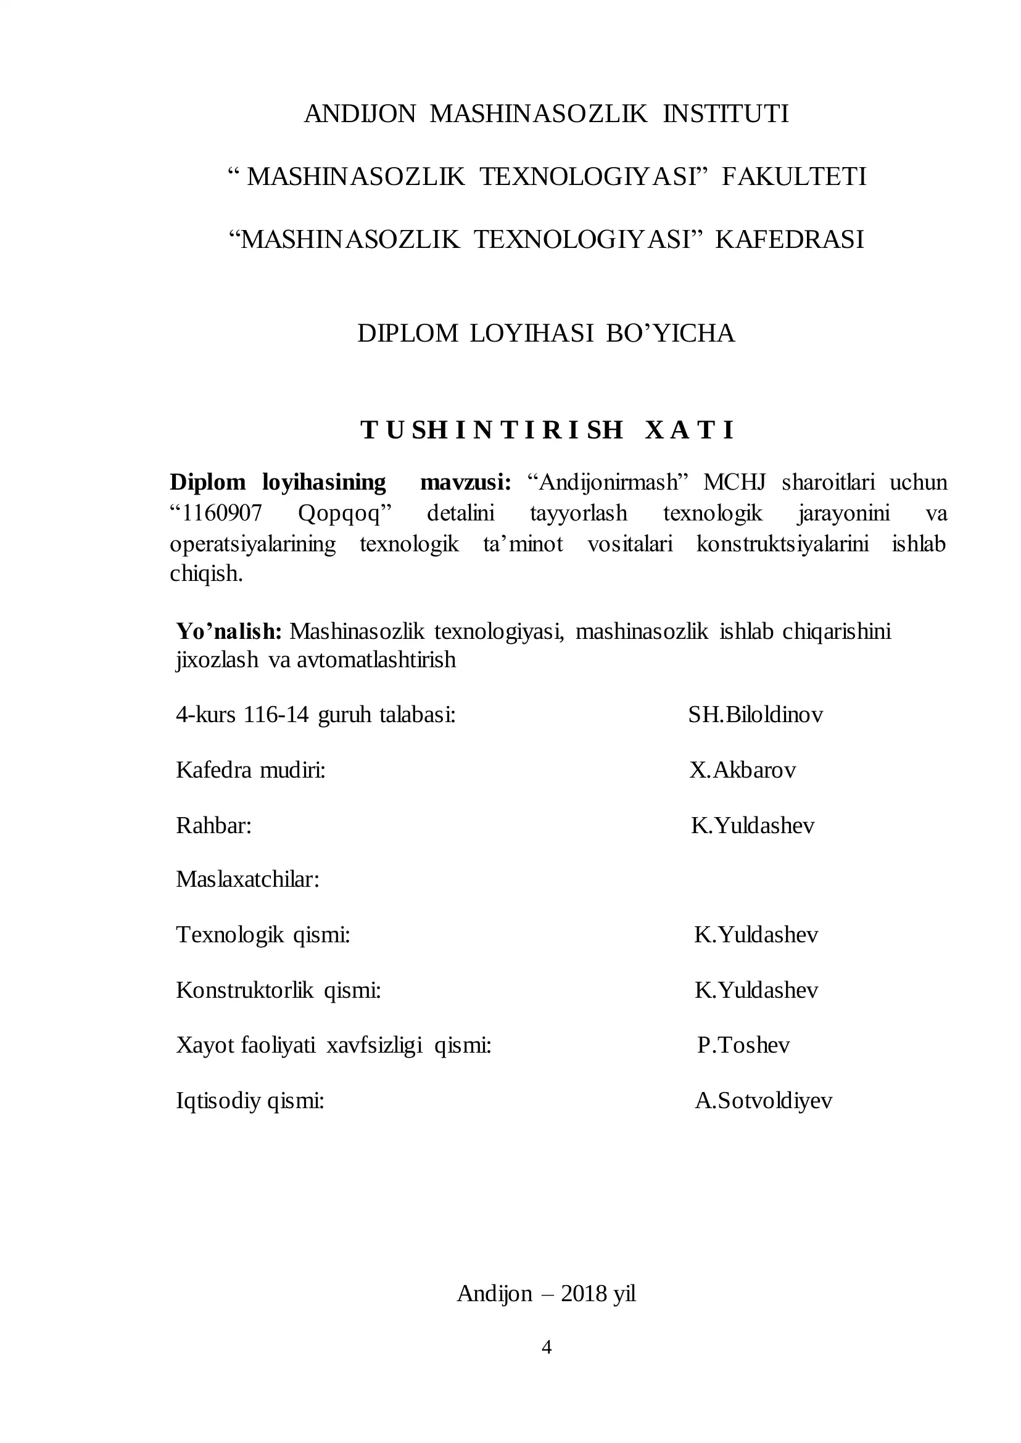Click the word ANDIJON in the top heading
click(360, 113)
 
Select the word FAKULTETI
click(794, 176)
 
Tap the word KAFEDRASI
click(789, 239)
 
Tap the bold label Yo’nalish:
click(229, 631)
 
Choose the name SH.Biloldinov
click(755, 715)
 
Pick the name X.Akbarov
click(743, 770)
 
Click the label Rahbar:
click(213, 825)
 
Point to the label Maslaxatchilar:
click(248, 879)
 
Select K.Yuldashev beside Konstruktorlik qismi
click(756, 990)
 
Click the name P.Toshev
click(743, 1045)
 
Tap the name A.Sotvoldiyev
click(763, 1101)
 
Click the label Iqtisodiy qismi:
click(250, 1101)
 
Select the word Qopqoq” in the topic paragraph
click(344, 514)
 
